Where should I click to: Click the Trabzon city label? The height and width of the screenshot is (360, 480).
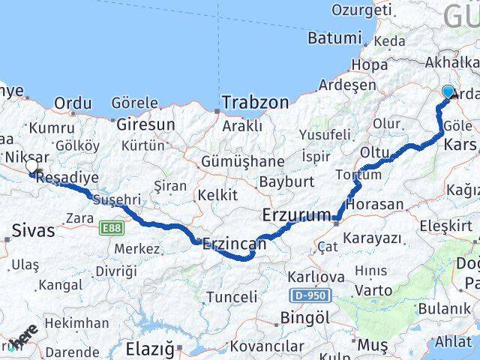pyautogui.click(x=253, y=102)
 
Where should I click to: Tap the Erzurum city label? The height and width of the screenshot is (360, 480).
pyautogui.click(x=295, y=215)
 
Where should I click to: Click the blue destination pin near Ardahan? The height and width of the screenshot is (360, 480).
pyautogui.click(x=448, y=92)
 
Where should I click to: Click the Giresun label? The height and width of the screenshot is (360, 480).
pyautogui.click(x=145, y=124)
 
